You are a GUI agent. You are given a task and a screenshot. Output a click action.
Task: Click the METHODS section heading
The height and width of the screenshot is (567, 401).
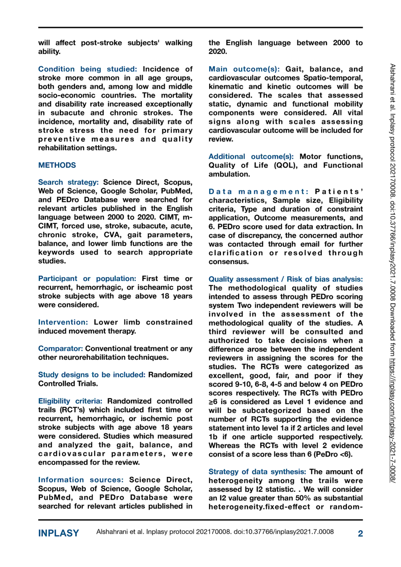(57, 165)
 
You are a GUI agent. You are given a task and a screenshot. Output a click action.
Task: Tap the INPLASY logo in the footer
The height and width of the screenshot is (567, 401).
(59, 533)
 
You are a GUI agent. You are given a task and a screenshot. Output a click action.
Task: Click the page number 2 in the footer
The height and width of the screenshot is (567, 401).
(360, 533)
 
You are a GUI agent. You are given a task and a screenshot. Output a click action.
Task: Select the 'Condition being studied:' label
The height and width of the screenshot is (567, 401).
(88, 69)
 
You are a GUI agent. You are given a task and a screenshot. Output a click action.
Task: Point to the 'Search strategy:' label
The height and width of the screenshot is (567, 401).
(68, 182)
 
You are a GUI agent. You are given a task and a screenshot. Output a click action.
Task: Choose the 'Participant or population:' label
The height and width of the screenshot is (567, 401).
(87, 279)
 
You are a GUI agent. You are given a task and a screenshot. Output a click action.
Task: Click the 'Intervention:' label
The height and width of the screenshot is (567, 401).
(63, 322)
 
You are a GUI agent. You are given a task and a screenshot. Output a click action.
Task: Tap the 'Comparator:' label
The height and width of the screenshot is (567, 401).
(61, 348)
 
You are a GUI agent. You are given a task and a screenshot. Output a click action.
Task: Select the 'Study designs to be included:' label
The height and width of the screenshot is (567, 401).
(92, 375)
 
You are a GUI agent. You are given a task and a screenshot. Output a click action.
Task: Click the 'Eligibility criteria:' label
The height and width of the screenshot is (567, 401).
(70, 401)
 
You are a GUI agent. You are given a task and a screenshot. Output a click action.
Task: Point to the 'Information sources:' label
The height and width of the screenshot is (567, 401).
(81, 480)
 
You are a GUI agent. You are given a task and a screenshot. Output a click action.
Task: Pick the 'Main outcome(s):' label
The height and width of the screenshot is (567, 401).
(244, 69)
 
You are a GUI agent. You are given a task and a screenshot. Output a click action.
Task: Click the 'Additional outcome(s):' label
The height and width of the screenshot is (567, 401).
(251, 157)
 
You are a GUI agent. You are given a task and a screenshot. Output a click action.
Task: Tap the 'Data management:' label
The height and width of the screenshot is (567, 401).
(258, 192)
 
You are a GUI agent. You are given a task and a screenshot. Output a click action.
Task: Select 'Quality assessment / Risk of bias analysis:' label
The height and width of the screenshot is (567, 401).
(285, 279)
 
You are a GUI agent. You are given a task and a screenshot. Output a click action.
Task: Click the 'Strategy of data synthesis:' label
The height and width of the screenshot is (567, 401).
(257, 472)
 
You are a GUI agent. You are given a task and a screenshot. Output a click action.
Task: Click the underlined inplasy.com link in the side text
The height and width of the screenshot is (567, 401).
(393, 420)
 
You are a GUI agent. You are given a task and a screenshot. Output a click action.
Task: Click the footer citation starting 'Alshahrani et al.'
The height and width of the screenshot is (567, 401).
(215, 532)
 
